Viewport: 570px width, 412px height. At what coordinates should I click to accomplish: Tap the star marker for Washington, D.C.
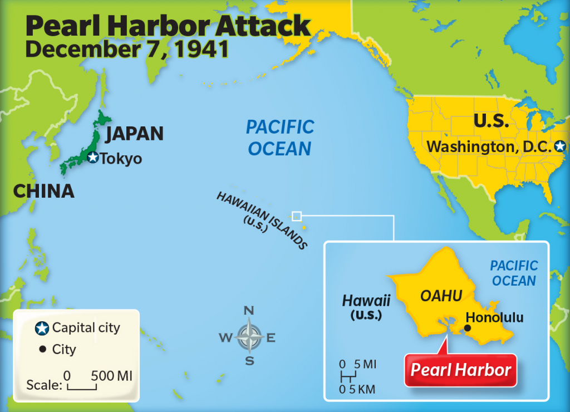(560, 147)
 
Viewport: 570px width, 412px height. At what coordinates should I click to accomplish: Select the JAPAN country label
(134, 134)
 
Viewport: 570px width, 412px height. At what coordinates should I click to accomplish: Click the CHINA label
(43, 191)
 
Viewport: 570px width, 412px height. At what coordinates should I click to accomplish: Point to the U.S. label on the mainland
(491, 121)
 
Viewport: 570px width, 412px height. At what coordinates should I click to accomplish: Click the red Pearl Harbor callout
(460, 370)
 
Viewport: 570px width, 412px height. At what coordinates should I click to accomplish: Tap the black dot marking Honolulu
(467, 328)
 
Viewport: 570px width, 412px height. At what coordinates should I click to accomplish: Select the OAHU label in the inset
(441, 296)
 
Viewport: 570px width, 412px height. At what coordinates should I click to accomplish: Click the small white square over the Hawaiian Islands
(297, 216)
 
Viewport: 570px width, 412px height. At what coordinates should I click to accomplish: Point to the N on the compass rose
(249, 311)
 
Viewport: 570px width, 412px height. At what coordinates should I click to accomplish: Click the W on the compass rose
(225, 337)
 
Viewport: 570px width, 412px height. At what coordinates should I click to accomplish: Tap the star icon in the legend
(41, 328)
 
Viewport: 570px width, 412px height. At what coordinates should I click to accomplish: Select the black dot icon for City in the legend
(42, 350)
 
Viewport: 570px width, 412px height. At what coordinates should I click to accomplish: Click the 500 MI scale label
(111, 375)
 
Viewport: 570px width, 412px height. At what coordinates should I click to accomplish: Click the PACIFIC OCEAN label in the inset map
(513, 273)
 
